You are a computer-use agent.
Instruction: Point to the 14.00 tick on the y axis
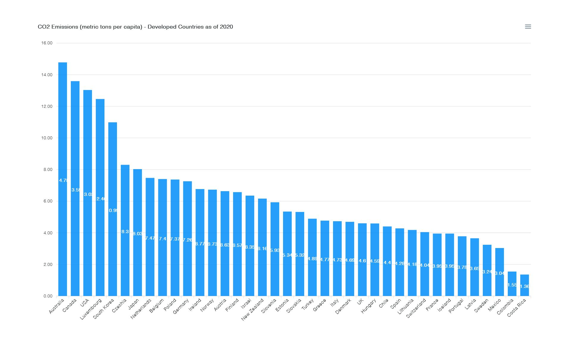[47, 75]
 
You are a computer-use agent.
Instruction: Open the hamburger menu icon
[528, 27]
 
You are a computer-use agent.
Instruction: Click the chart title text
[135, 27]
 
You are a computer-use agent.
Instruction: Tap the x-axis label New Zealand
[253, 309]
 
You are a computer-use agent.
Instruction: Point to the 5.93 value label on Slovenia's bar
[275, 250]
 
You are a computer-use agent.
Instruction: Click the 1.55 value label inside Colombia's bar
[512, 285]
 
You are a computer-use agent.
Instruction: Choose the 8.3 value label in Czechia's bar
[125, 232]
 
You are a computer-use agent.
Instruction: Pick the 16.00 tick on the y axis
[47, 43]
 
